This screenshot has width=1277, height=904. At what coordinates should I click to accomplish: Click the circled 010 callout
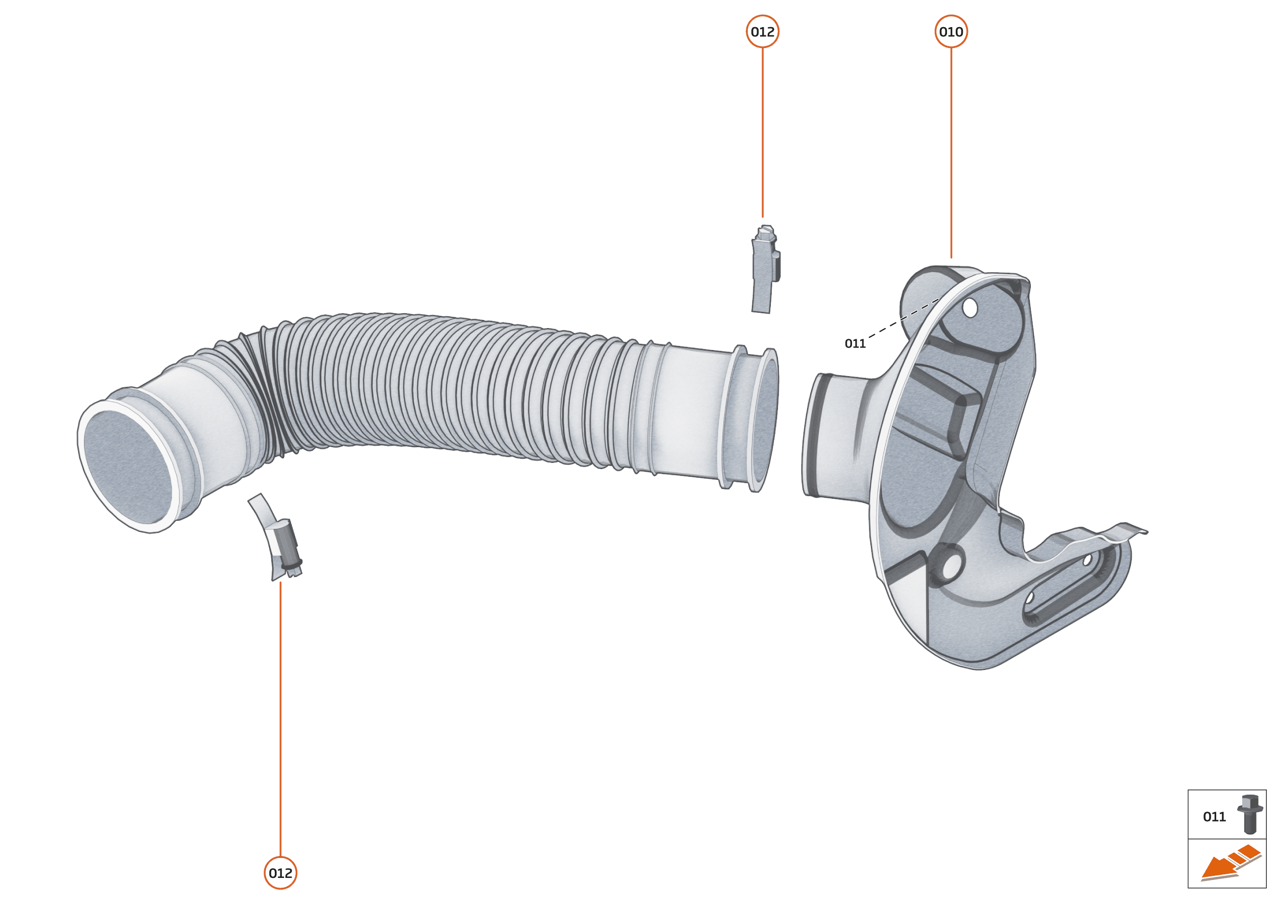[x=951, y=32]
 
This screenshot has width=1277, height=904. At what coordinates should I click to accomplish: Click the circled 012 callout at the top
[x=762, y=32]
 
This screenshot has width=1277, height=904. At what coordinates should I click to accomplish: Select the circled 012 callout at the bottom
[x=280, y=873]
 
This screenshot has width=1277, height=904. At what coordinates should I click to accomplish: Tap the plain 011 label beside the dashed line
[x=855, y=343]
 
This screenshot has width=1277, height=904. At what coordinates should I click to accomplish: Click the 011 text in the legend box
[x=1214, y=817]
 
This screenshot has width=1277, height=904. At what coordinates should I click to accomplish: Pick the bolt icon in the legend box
[x=1249, y=814]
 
